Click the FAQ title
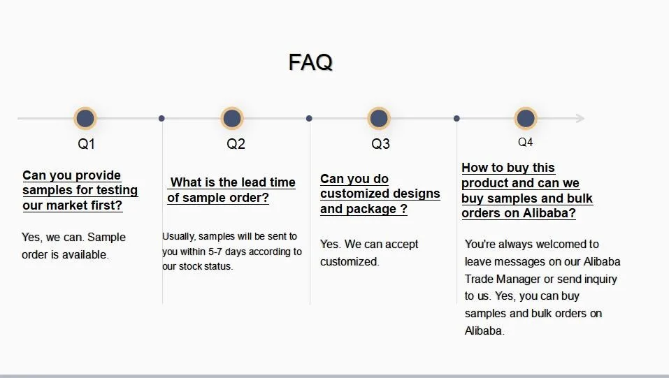point(310,62)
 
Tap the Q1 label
point(86,144)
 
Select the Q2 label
point(236,144)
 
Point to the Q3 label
point(380,144)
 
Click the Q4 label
point(525,142)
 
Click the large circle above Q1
point(85,118)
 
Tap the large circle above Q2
point(232,118)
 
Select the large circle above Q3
point(379,118)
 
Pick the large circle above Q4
point(526,118)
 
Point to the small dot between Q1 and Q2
point(161,118)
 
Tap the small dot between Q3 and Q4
point(456,118)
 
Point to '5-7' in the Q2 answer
point(215,252)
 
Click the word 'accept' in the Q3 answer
point(401,245)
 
